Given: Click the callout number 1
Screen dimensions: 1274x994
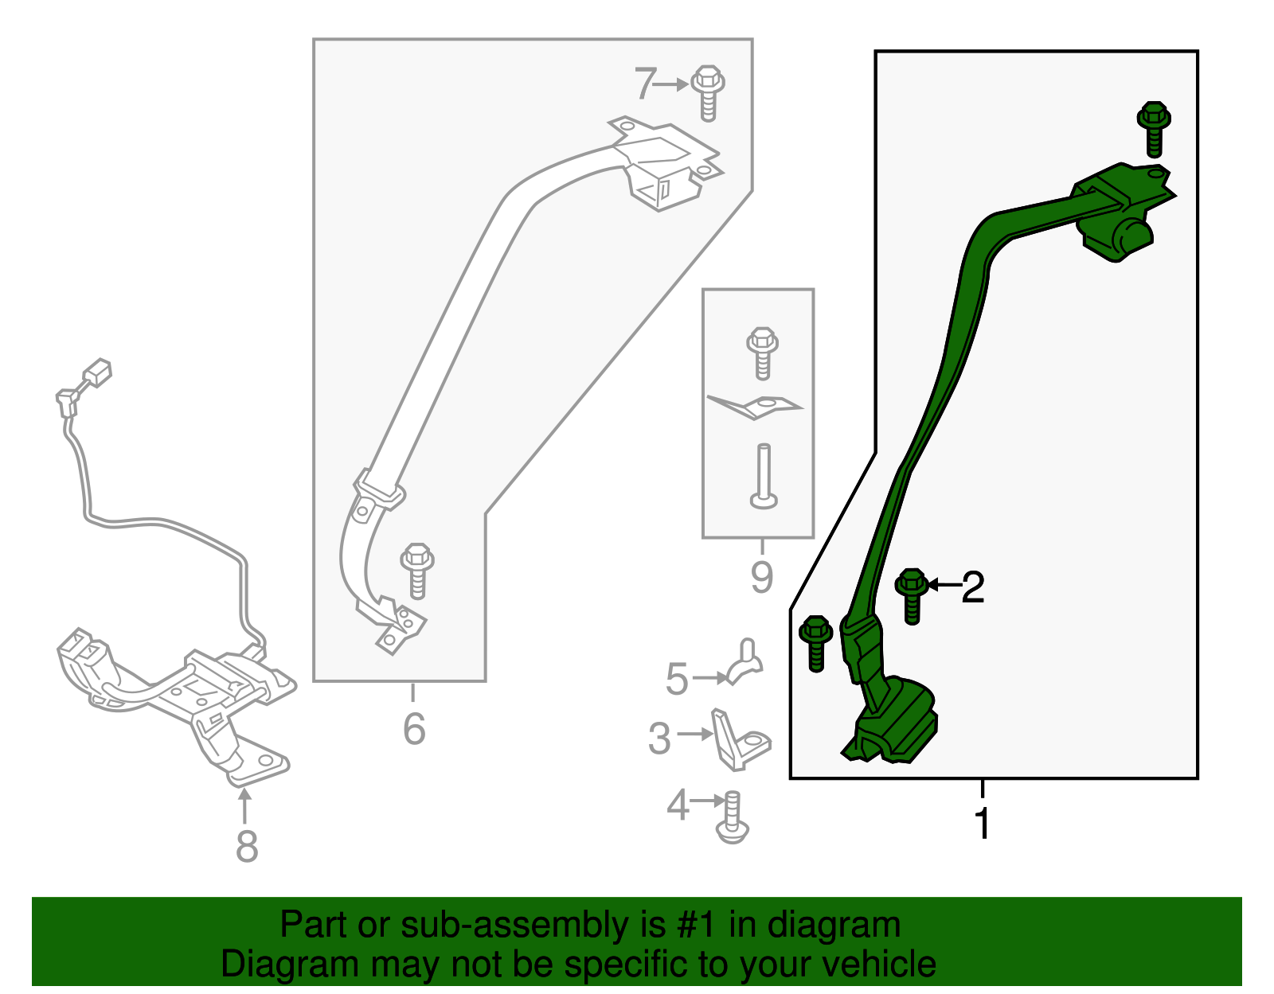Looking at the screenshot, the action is tap(982, 824).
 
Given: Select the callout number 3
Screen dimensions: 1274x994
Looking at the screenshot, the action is tap(659, 739).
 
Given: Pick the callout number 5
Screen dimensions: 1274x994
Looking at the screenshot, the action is tap(677, 679).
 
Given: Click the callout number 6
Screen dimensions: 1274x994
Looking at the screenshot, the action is tap(414, 729).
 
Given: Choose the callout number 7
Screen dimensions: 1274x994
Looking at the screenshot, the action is tap(645, 84).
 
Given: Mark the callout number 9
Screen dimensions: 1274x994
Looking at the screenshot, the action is tap(762, 577).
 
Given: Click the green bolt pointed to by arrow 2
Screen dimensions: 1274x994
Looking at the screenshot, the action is tap(912, 596).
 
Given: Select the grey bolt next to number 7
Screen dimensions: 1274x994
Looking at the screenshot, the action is tap(708, 93).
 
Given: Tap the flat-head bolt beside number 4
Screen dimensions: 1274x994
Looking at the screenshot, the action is tap(733, 817).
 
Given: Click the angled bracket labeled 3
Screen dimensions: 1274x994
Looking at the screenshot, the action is tap(740, 740).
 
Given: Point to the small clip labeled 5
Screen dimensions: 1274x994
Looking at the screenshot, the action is tap(744, 661).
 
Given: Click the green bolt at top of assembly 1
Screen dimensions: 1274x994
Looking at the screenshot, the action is tap(1154, 130).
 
